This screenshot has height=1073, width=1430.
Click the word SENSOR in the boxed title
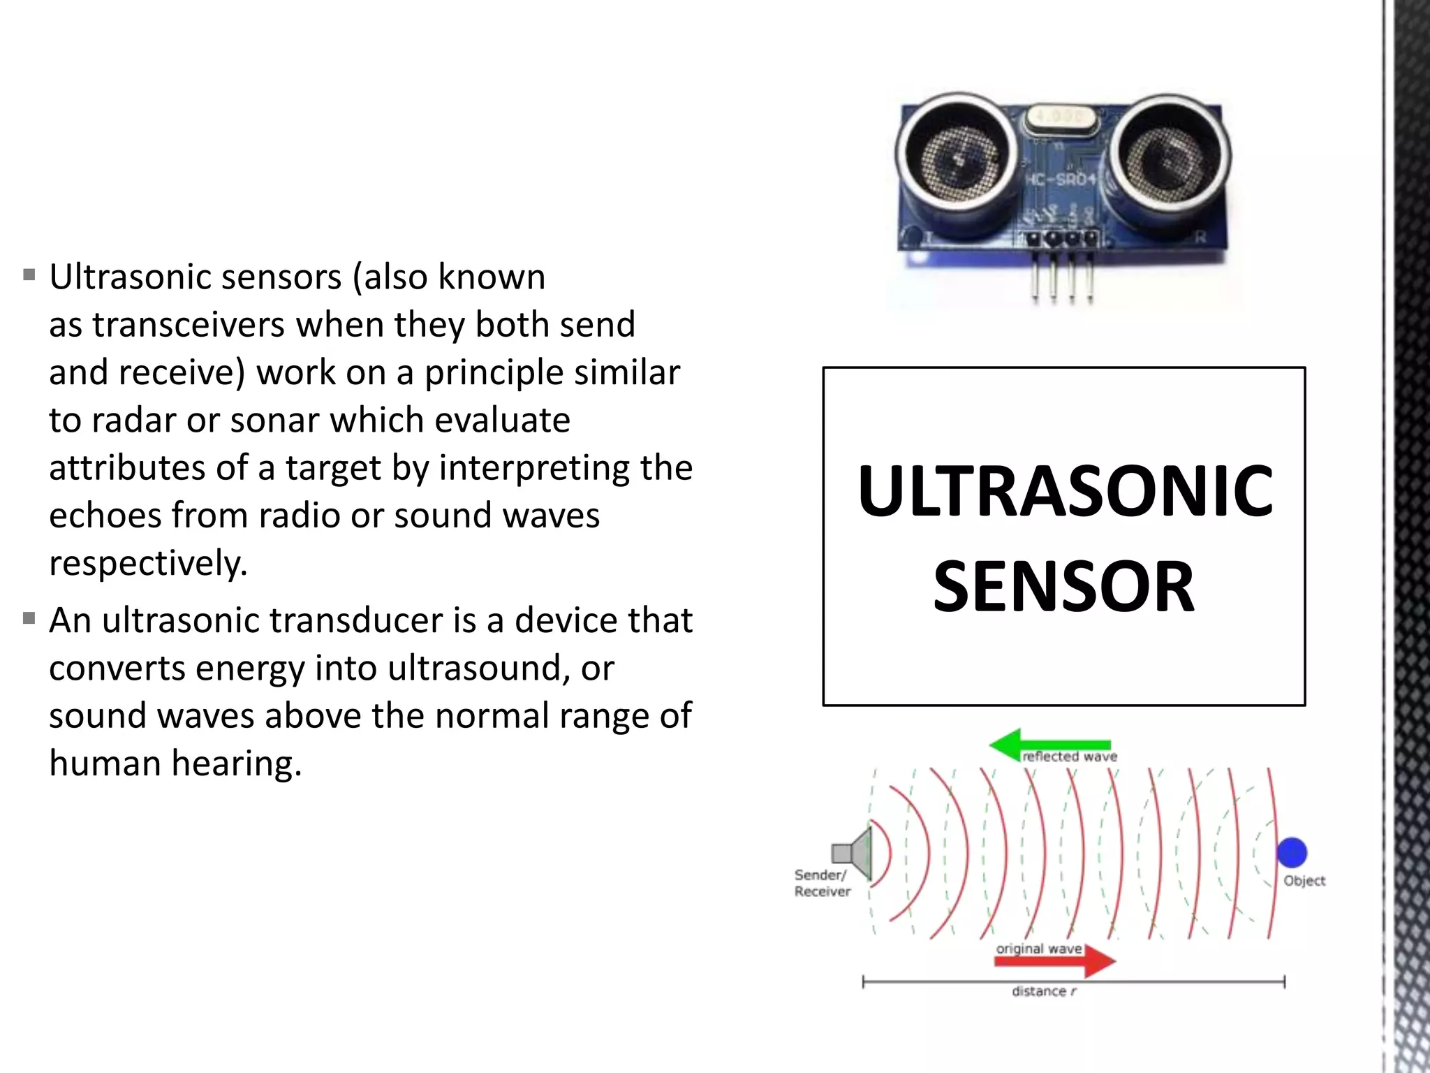point(1063,587)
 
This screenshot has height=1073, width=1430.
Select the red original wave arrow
point(1055,962)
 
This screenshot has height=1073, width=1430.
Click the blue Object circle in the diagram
point(1292,852)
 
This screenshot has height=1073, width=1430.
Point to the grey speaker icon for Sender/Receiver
point(853,852)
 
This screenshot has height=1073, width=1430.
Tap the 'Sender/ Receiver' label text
point(822,883)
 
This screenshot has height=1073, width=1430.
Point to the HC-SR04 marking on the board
point(1060,180)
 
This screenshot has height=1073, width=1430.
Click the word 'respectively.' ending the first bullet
point(148,563)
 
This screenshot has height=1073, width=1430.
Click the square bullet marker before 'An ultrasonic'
point(29,618)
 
